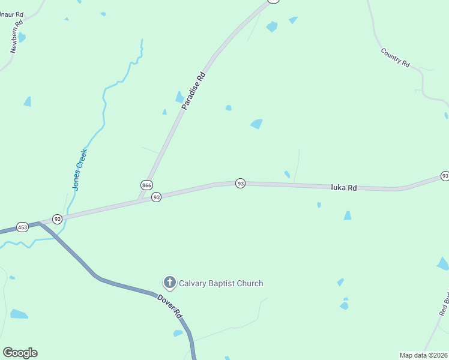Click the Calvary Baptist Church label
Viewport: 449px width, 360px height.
click(x=221, y=283)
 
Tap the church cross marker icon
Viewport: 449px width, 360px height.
click(x=170, y=283)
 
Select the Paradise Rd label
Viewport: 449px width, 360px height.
click(x=193, y=91)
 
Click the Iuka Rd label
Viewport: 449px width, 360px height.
click(x=344, y=188)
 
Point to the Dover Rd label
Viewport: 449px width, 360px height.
click(x=170, y=305)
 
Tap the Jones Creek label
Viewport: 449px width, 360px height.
click(x=80, y=170)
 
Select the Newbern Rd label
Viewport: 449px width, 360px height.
click(x=17, y=37)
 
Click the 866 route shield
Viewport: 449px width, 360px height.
click(x=146, y=184)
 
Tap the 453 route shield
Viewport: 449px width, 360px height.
click(x=23, y=227)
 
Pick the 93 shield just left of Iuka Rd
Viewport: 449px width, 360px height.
click(x=240, y=182)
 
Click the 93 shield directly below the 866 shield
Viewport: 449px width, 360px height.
click(x=156, y=197)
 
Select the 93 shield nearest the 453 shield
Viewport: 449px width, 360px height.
click(x=57, y=219)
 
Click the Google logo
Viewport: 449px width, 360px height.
click(x=20, y=353)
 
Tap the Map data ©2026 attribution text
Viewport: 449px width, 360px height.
click(x=423, y=355)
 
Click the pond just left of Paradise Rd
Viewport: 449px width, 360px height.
click(x=179, y=97)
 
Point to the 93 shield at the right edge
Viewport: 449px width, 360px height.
click(x=445, y=176)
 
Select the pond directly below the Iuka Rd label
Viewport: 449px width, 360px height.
click(x=347, y=215)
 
